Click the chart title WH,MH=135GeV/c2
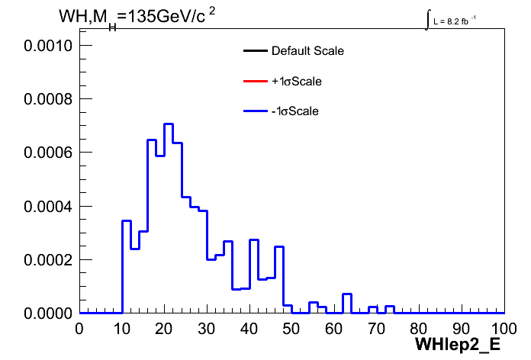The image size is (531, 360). pyautogui.click(x=137, y=18)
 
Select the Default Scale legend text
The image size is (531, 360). pyautogui.click(x=307, y=51)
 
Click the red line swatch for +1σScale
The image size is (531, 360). pyautogui.click(x=256, y=82)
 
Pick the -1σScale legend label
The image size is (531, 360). pyautogui.click(x=295, y=111)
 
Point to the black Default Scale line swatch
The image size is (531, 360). pyautogui.click(x=256, y=51)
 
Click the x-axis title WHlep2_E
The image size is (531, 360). pyautogui.click(x=458, y=345)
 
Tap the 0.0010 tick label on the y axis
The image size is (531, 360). pyautogui.click(x=48, y=45)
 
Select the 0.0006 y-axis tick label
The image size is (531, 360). pyautogui.click(x=48, y=153)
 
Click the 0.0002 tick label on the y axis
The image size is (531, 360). pyautogui.click(x=48, y=260)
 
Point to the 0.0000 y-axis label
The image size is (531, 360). pyautogui.click(x=48, y=313)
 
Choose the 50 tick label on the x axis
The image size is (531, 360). pyautogui.click(x=291, y=329)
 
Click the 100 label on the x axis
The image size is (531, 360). pyautogui.click(x=504, y=329)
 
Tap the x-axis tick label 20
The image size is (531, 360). pyautogui.click(x=164, y=329)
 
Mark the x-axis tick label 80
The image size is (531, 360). pyautogui.click(x=419, y=329)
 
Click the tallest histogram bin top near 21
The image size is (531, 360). pyautogui.click(x=169, y=124)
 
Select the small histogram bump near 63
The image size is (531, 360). pyautogui.click(x=347, y=294)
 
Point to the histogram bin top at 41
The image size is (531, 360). pyautogui.click(x=254, y=239)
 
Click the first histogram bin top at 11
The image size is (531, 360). pyautogui.click(x=127, y=221)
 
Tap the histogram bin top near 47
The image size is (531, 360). pyautogui.click(x=279, y=247)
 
